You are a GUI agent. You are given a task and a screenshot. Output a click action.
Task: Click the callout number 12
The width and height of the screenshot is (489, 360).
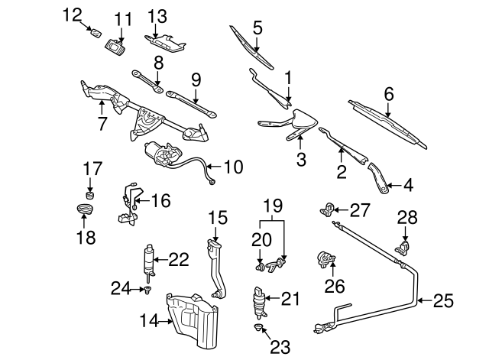[x=71, y=14]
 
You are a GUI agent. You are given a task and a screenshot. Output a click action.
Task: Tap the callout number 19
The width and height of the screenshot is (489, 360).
[x=273, y=205]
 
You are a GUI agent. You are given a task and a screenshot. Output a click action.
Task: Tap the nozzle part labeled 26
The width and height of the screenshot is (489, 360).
[x=327, y=262]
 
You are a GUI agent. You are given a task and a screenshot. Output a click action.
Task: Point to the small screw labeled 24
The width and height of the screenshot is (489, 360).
[x=145, y=290]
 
